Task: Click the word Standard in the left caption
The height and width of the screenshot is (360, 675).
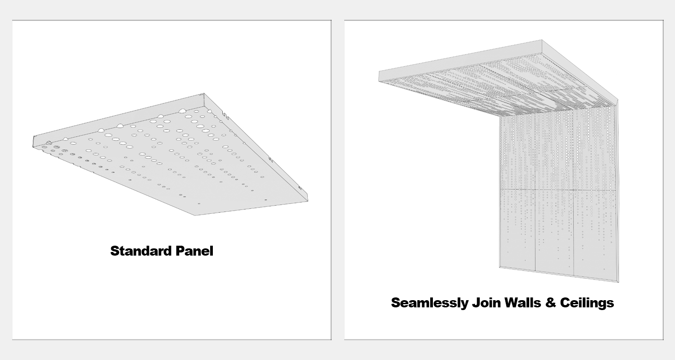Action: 141,251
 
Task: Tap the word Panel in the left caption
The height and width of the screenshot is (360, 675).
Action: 194,251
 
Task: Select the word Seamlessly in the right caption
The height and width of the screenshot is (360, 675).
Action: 429,303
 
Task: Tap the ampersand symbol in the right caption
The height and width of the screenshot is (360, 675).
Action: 550,303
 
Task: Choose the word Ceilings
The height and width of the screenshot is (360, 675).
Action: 587,303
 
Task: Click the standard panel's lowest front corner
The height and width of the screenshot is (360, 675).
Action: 194,215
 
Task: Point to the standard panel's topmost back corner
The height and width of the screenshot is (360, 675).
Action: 204,94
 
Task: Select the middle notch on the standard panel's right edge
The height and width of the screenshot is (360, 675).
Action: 270,159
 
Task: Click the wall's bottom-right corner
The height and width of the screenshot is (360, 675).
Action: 618,282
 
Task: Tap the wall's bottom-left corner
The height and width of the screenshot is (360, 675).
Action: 499,267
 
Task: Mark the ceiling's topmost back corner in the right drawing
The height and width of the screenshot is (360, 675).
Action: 542,40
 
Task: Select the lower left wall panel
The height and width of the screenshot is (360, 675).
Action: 517,229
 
